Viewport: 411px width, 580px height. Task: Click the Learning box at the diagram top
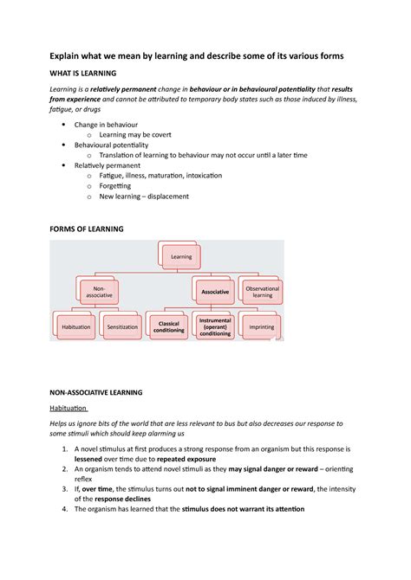click(x=181, y=256)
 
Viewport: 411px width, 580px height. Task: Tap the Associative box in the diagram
click(x=215, y=292)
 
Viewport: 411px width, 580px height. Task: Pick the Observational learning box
click(x=261, y=292)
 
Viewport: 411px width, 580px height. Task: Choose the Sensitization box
click(x=122, y=327)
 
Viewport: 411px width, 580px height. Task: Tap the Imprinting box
click(x=261, y=327)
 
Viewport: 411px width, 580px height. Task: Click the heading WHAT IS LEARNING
click(x=83, y=74)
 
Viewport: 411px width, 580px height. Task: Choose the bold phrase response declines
click(x=122, y=499)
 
